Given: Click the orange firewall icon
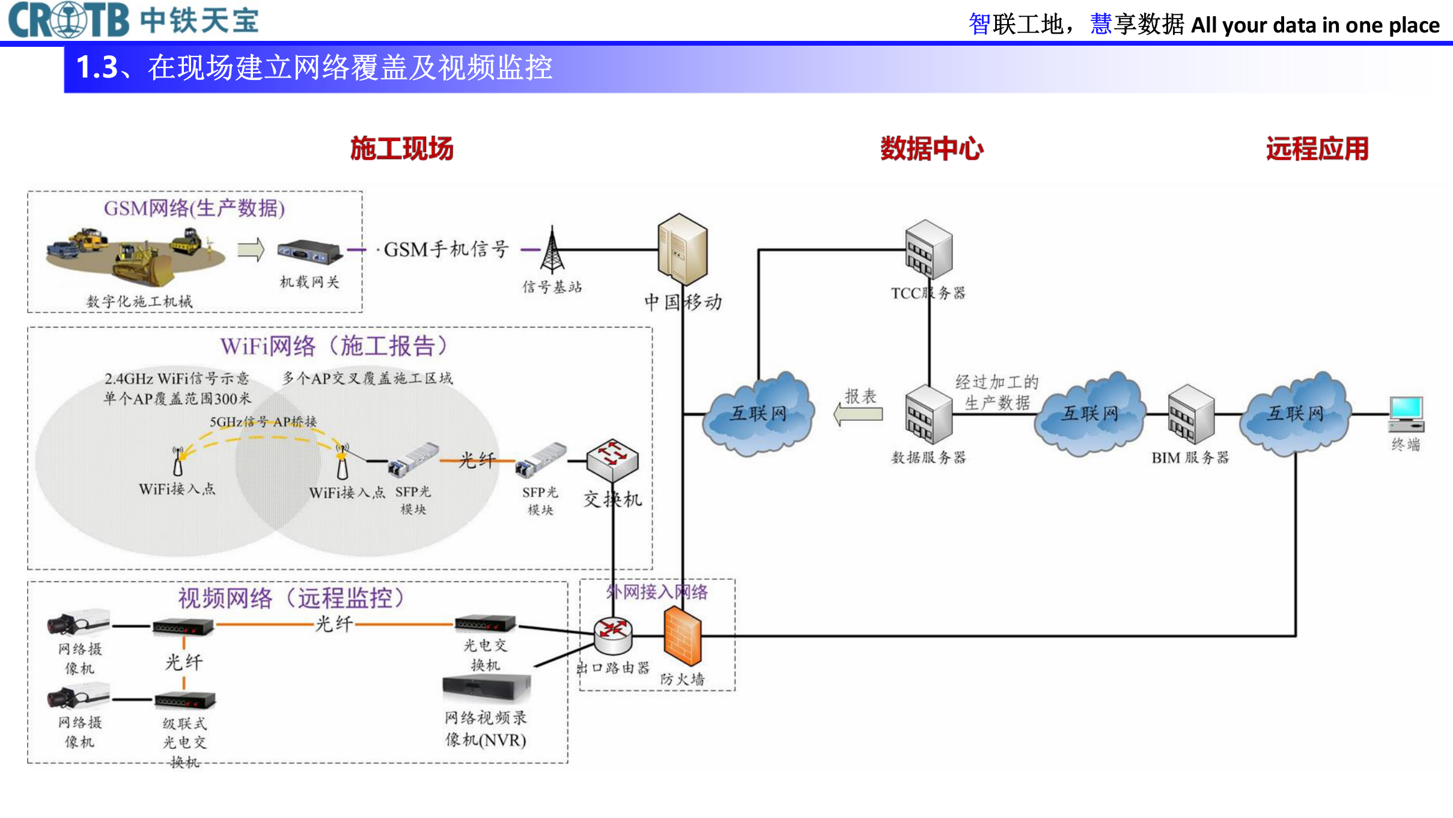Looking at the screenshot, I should [x=682, y=635].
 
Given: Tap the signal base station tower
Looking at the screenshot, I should [x=552, y=251].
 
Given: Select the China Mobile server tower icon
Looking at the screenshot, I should [x=682, y=249].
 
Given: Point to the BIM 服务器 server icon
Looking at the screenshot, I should [x=1191, y=415].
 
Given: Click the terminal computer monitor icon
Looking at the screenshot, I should [x=1406, y=414].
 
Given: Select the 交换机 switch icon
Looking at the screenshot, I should [x=612, y=460].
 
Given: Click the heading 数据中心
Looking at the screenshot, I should [x=931, y=148].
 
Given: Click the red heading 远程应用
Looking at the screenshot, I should [x=1317, y=148].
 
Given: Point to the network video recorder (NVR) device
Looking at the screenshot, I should [x=486, y=687].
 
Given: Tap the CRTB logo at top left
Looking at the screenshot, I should [x=69, y=20].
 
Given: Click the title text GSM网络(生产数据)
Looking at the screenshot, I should [x=194, y=209].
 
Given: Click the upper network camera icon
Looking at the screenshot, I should [x=78, y=623].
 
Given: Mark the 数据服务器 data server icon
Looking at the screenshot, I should [x=928, y=415].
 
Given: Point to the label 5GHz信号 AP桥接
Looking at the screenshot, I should [x=263, y=422].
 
